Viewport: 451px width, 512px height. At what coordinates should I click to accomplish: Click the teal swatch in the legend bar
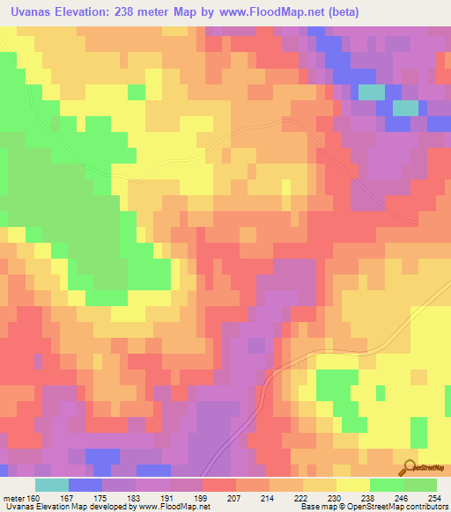[52, 485]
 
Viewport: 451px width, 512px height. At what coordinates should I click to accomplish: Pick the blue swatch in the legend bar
[85, 485]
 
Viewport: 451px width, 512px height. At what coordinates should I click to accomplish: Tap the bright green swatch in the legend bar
[387, 485]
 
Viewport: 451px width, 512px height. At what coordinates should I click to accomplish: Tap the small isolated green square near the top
[137, 91]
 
